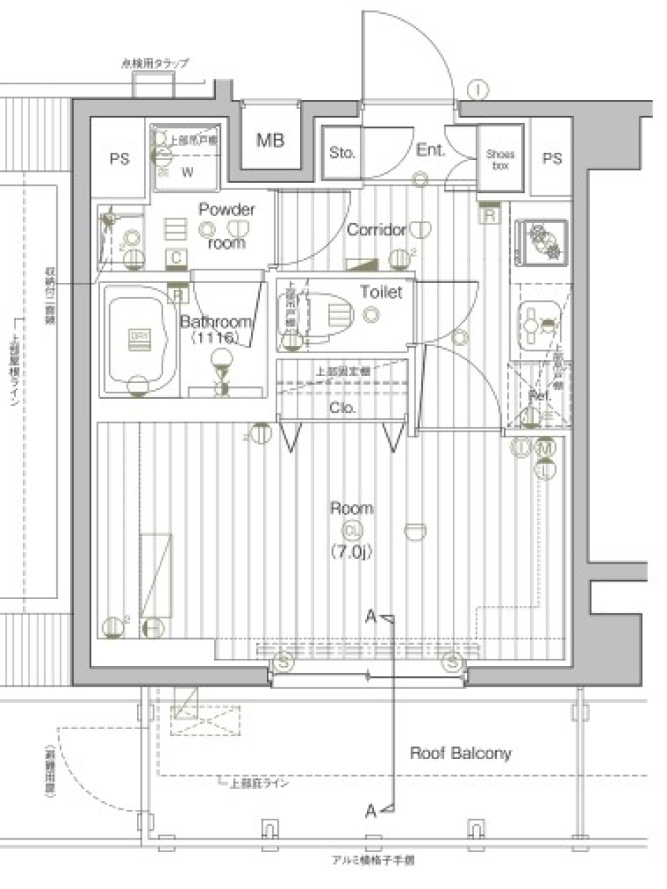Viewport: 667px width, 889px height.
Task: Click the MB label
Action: (x=270, y=140)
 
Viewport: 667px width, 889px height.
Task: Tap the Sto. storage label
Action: (x=342, y=152)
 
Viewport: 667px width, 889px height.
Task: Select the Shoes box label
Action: (x=500, y=159)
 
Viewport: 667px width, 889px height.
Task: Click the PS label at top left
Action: (x=120, y=158)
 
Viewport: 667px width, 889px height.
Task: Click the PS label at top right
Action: (x=552, y=158)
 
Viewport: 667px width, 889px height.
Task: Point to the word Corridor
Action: (x=376, y=229)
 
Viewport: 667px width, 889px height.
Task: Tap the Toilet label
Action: (x=381, y=292)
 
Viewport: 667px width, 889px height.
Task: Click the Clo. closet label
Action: (x=343, y=408)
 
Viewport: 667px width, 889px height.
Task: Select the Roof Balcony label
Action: (x=460, y=753)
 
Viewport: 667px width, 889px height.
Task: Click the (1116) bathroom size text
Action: (x=215, y=338)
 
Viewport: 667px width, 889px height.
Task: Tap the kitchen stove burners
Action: (x=541, y=241)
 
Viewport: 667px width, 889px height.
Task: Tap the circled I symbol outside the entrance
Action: (x=478, y=89)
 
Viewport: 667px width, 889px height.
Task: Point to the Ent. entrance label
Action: (x=431, y=149)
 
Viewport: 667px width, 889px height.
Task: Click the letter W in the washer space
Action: (x=188, y=173)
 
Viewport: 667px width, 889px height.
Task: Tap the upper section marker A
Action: (x=371, y=616)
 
